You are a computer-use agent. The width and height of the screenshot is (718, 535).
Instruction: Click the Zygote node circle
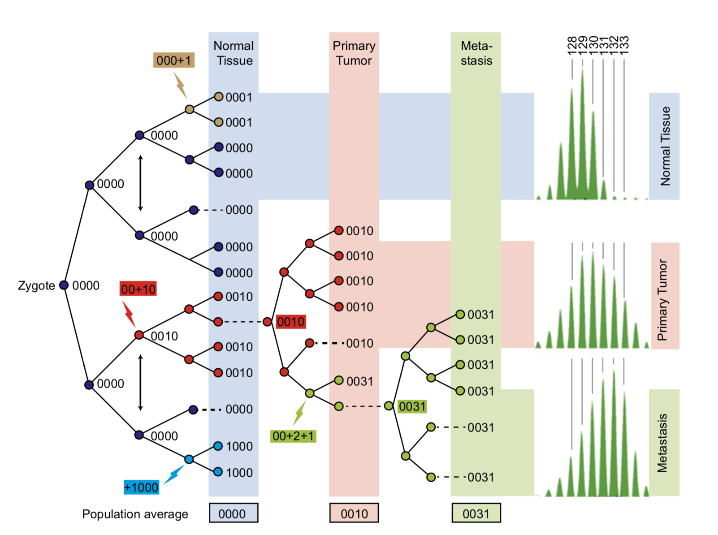[x=64, y=285]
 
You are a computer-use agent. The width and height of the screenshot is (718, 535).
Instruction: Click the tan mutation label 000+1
[x=174, y=60]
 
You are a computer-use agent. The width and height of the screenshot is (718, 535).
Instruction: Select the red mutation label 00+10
[x=138, y=289]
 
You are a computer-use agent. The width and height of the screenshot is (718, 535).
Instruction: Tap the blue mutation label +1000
[x=141, y=487]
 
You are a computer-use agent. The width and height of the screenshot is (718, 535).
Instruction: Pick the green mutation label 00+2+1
[x=293, y=436]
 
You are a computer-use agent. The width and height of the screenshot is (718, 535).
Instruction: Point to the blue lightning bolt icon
[x=174, y=474]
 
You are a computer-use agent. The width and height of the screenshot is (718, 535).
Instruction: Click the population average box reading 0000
[x=234, y=513]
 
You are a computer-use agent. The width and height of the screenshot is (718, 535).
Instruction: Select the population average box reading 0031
[x=476, y=513]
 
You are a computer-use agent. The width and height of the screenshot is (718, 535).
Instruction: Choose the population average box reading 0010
[x=354, y=513]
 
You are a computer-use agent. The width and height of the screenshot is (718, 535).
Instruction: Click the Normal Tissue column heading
[x=234, y=53]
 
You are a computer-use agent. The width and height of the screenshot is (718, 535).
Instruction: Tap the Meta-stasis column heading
[x=476, y=53]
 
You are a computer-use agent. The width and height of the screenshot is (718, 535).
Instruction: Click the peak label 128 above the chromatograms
[x=571, y=46]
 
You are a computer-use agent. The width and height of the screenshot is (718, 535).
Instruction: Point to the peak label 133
[x=624, y=46]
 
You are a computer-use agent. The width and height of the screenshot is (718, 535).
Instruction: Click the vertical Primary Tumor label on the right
[x=663, y=299]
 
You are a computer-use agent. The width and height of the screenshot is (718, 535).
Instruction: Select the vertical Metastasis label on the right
[x=663, y=443]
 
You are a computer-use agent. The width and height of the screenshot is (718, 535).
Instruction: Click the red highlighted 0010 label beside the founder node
[x=290, y=322]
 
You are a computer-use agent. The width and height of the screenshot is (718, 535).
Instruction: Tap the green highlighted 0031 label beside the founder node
[x=412, y=406]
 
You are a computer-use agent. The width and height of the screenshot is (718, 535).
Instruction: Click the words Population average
[x=135, y=514]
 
